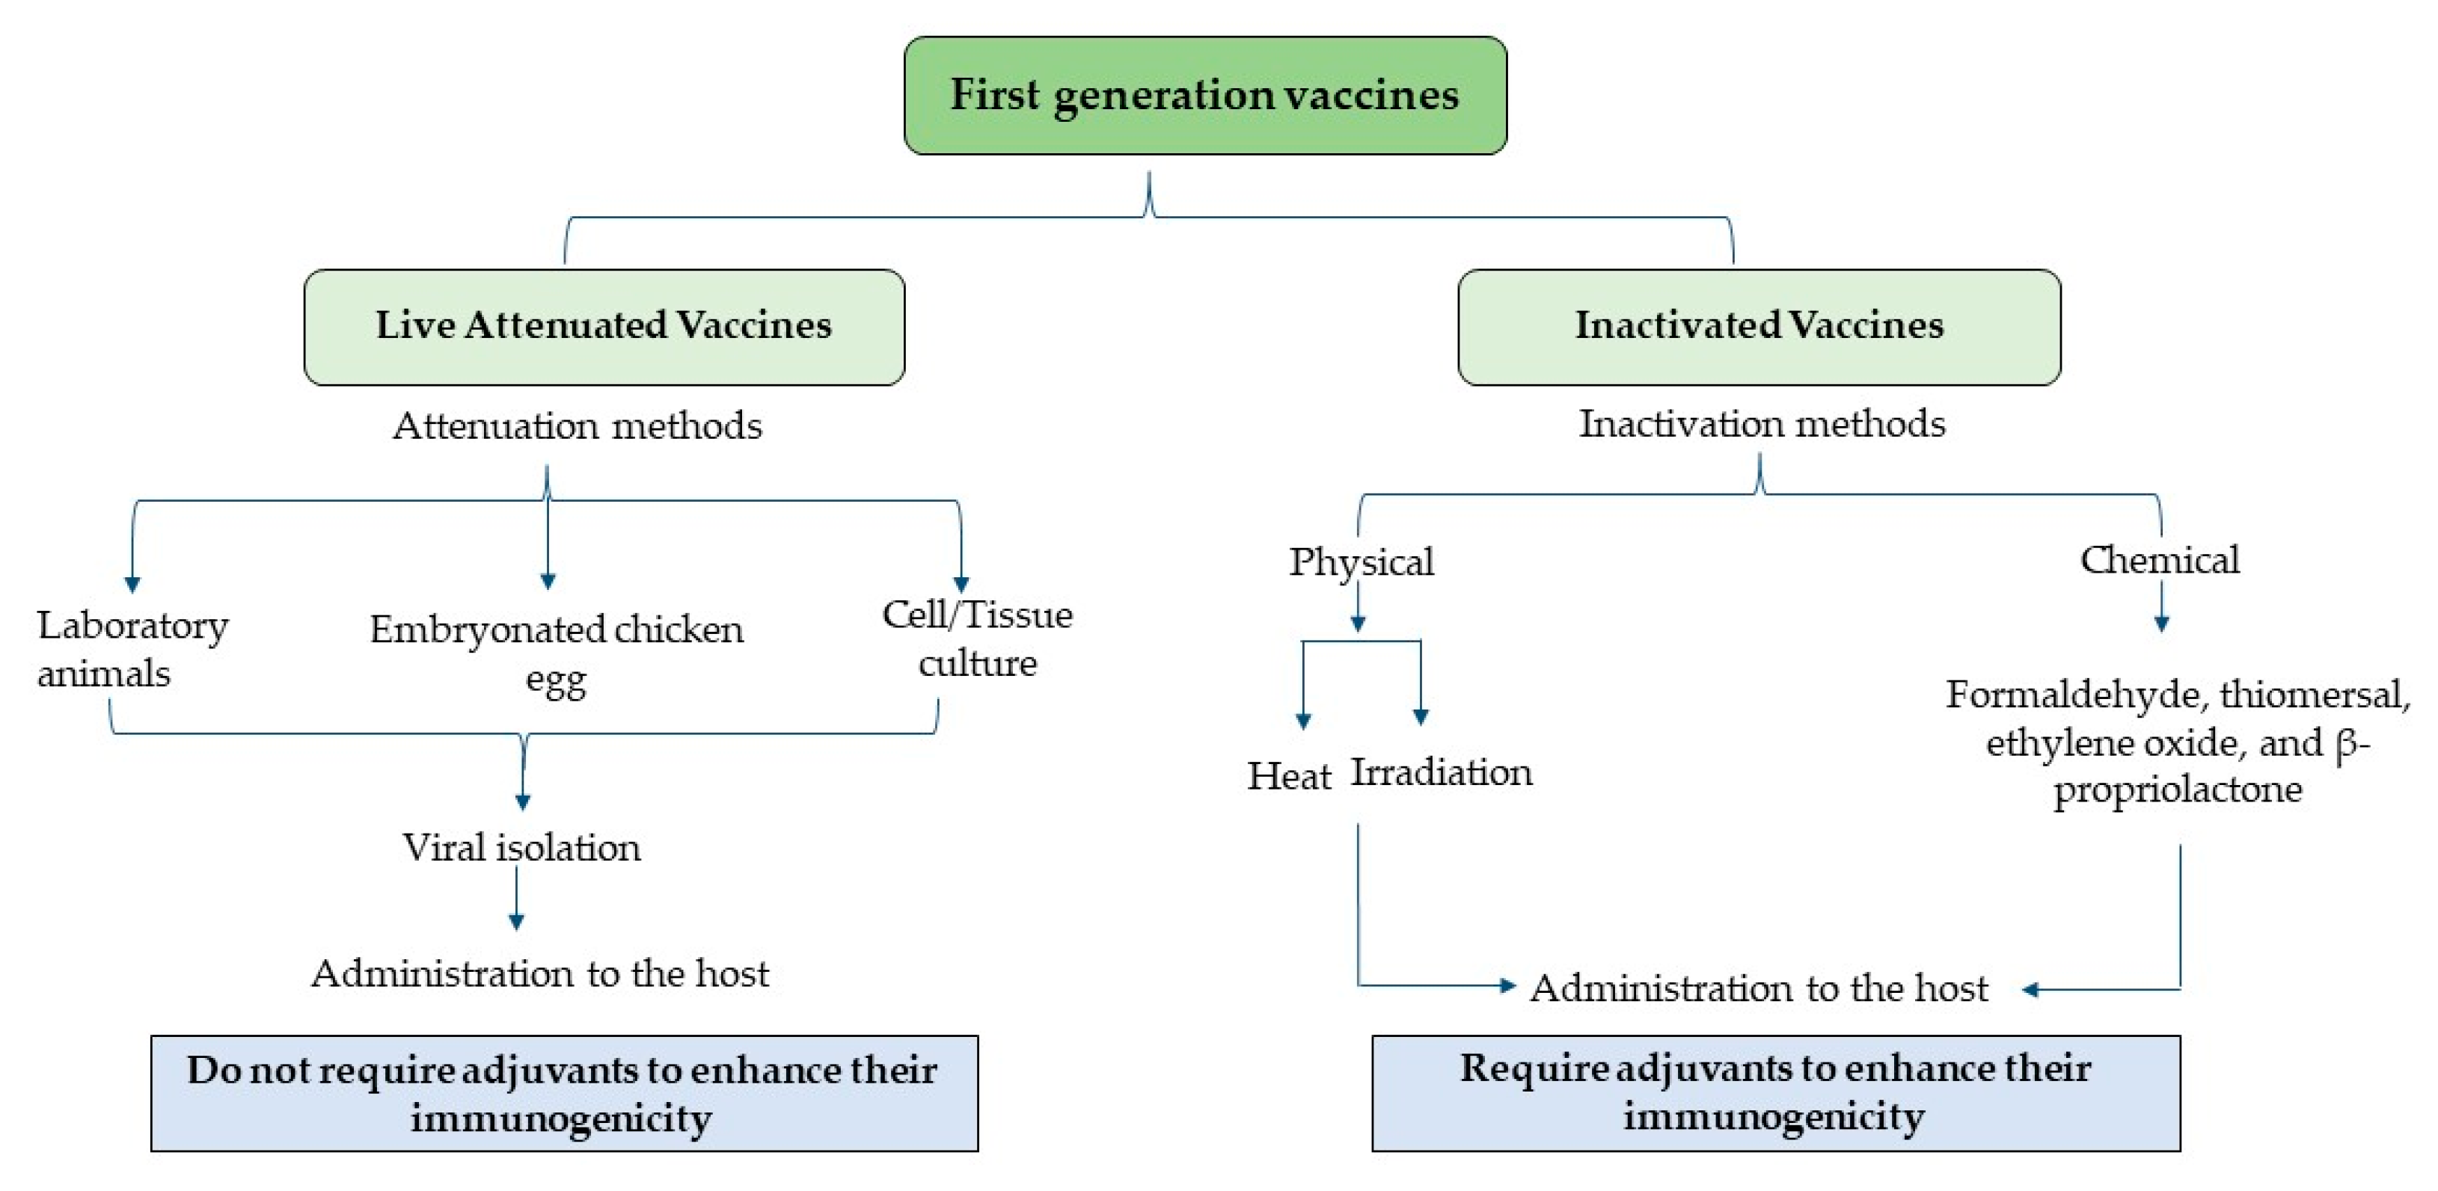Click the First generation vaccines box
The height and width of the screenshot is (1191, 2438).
point(1205,96)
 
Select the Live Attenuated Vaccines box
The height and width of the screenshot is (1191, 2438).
point(604,327)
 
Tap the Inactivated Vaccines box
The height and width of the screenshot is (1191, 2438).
point(1759,327)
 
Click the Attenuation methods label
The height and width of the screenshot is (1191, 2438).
point(578,425)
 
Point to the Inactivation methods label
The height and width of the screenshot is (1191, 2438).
point(1761,424)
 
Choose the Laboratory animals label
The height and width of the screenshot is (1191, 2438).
point(132,649)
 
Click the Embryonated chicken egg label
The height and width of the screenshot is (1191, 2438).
point(557,653)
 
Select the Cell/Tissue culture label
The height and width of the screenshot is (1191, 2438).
point(977,638)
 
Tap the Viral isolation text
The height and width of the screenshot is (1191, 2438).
point(521,848)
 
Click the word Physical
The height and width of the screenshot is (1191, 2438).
point(1361,562)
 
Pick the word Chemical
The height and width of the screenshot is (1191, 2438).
point(2159,560)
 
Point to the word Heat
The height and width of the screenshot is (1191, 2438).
point(1288,777)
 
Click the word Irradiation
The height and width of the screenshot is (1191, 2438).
point(1441,773)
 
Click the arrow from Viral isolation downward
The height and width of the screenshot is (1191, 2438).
point(517,899)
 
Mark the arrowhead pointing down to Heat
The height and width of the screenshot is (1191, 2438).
point(1303,720)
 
